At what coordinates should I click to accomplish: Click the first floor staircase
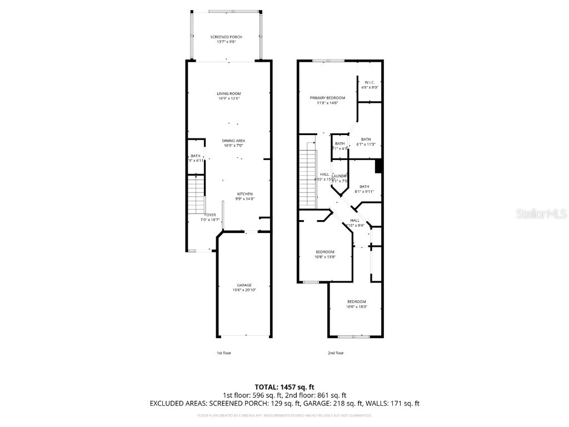click(x=196, y=194)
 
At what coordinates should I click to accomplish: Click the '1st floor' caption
click(x=224, y=353)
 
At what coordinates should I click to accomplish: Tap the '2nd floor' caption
click(x=336, y=353)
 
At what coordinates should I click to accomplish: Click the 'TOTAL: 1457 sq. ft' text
click(x=284, y=386)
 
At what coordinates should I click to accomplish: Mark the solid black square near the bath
click(x=379, y=166)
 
